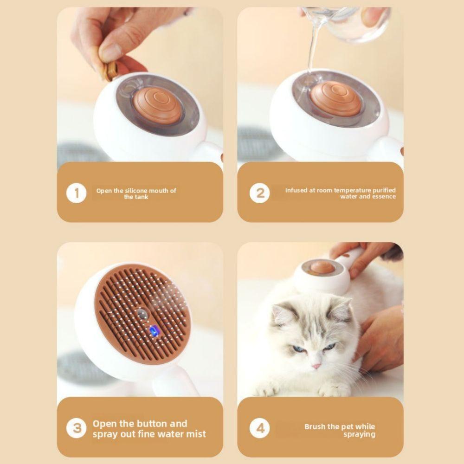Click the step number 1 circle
point(77,193)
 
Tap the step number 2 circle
point(259,193)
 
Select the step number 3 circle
point(77,428)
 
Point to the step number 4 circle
point(259,428)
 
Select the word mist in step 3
point(196,434)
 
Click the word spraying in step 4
point(359,434)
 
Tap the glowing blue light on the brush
point(153,331)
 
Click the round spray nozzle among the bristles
point(142,314)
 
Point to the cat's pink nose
point(316,366)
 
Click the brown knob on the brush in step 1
point(156,104)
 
